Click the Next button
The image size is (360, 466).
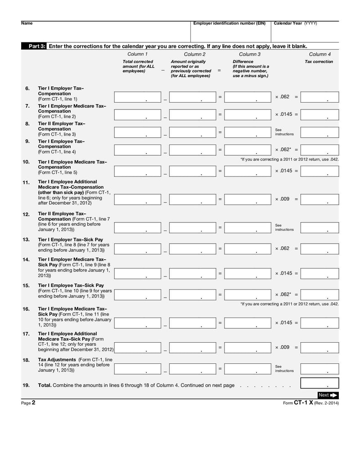coord(328,395)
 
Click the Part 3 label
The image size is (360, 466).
coord(37,46)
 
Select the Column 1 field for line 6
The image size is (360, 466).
coord(137,97)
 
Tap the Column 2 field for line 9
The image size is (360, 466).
coord(193,150)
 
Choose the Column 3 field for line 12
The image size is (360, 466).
coord(247,227)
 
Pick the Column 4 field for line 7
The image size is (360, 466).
coord(319,114)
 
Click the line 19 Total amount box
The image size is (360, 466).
coord(319,383)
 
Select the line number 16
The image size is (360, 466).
coord(26,309)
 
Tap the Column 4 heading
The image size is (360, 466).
coord(319,54)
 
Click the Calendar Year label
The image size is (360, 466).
coord(288,23)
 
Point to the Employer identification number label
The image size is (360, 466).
coord(229,23)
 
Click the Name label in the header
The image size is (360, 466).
coord(27,23)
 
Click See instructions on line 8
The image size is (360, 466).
coord(284,132)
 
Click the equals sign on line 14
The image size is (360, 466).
coord(220,273)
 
